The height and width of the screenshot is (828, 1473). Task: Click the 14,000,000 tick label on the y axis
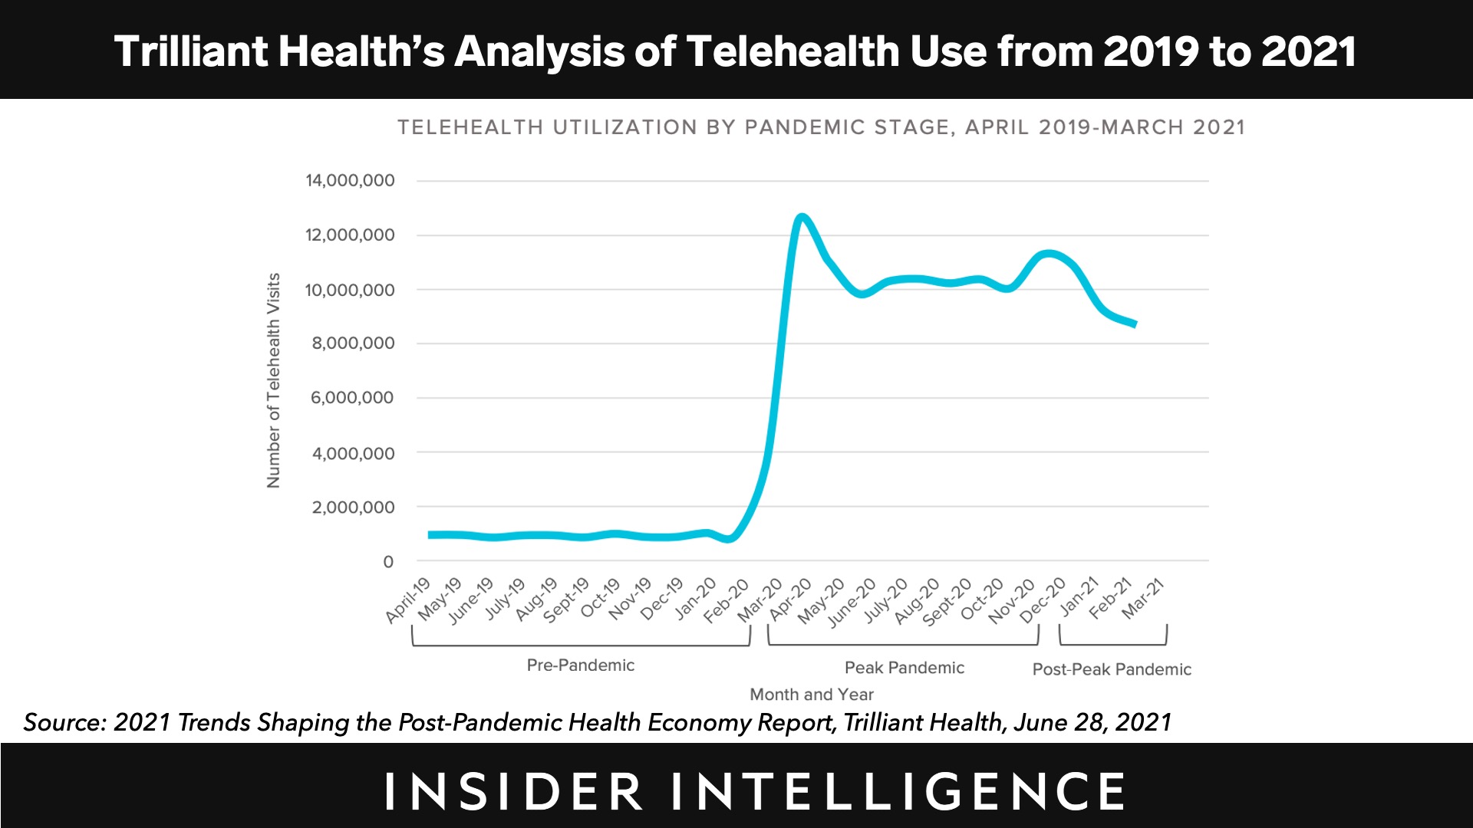point(350,181)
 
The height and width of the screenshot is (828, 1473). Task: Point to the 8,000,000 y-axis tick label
point(353,343)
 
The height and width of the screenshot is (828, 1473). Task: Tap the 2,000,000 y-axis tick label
point(353,508)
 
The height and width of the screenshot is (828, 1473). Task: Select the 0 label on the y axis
point(388,562)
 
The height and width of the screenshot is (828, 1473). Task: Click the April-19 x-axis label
point(408,600)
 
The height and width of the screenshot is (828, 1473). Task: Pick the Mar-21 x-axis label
point(1144,599)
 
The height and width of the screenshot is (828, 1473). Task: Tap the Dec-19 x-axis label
point(661,599)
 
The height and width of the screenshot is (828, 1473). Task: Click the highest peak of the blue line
point(802,218)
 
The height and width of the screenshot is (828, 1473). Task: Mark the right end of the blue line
point(1135,325)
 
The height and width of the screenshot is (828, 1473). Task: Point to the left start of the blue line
point(430,535)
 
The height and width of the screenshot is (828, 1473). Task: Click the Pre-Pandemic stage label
point(580,665)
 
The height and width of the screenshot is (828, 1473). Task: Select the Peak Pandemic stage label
point(904,668)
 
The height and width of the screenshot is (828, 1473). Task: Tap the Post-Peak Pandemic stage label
point(1112,669)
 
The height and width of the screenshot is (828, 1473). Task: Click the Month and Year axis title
point(811,695)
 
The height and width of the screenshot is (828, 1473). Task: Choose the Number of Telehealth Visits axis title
point(274,380)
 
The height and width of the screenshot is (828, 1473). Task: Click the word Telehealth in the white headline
point(793,51)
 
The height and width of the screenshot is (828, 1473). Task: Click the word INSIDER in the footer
point(513,792)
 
